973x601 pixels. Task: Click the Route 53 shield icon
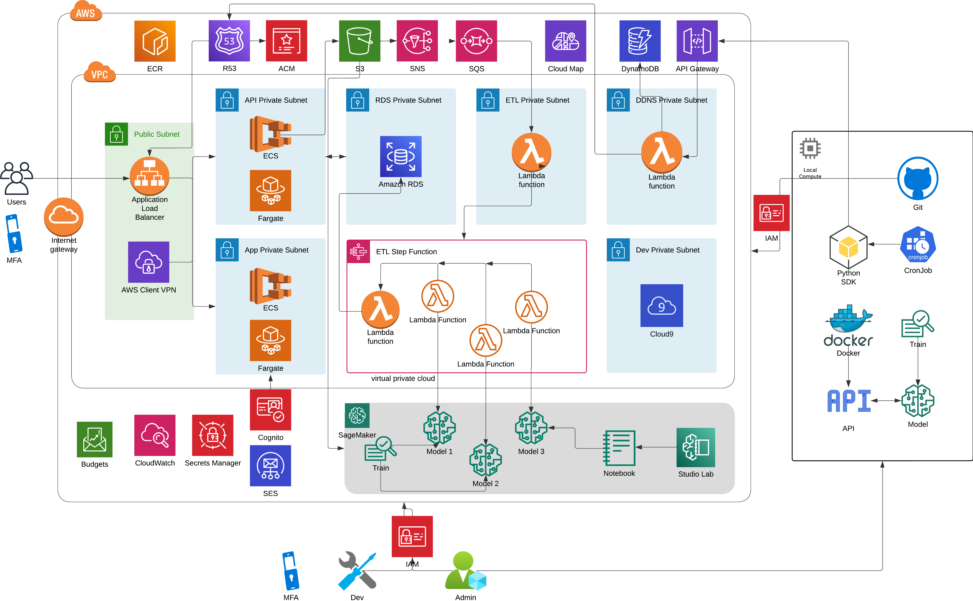[229, 41]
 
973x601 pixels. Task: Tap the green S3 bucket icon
[359, 41]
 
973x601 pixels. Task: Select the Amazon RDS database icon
[401, 156]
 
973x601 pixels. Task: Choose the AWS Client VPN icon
[148, 262]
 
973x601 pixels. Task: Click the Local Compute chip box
[810, 156]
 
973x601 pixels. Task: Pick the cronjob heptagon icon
[918, 244]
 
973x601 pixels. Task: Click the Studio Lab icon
[696, 448]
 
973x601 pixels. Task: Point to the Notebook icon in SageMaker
[619, 448]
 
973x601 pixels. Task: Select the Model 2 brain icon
[485, 459]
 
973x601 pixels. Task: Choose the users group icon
[17, 178]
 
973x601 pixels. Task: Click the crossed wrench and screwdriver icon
[357, 571]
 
